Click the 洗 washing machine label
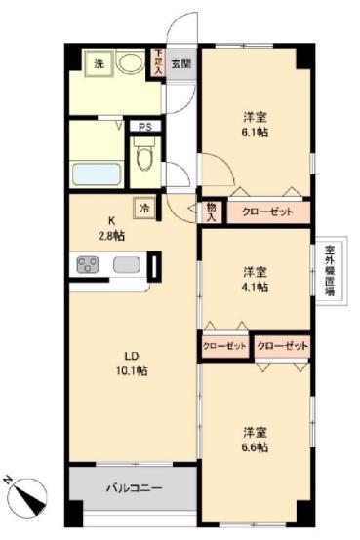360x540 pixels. (x=100, y=63)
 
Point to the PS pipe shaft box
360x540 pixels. (x=143, y=127)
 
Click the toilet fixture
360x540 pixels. (x=143, y=154)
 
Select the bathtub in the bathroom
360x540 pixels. (x=96, y=174)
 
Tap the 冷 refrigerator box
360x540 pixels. (x=144, y=207)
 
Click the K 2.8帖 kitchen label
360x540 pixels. (x=109, y=228)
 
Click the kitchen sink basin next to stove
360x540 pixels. (x=127, y=264)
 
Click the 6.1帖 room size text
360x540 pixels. (x=256, y=132)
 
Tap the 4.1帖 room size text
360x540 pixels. (x=256, y=287)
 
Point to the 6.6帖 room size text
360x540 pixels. (x=256, y=446)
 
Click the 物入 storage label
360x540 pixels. (x=212, y=212)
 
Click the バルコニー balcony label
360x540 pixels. (x=130, y=488)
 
